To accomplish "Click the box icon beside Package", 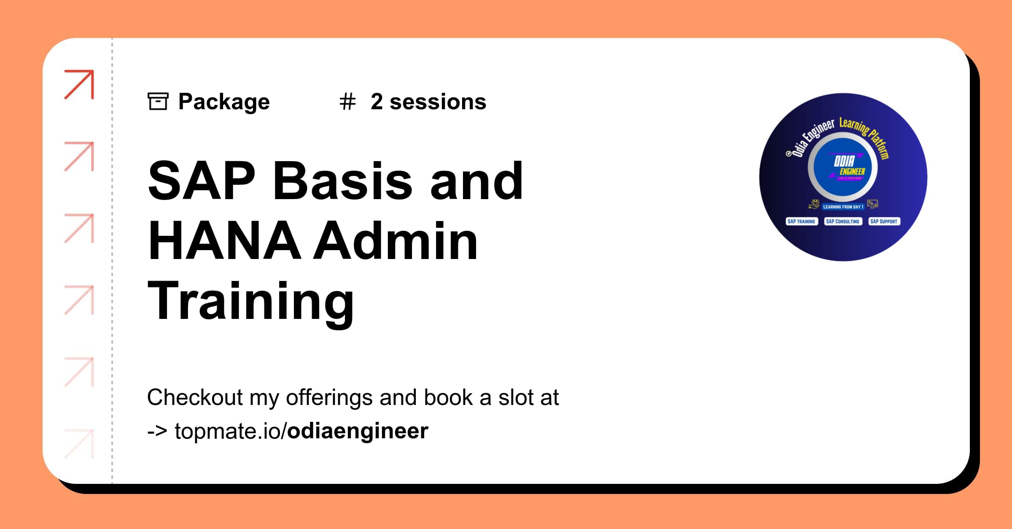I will pyautogui.click(x=158, y=101).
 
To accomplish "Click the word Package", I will pyautogui.click(x=224, y=102).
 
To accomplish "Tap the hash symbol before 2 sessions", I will pyautogui.click(x=347, y=102).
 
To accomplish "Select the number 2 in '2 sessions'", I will pyautogui.click(x=377, y=102).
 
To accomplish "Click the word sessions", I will pyautogui.click(x=438, y=102).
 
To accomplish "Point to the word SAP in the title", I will pyautogui.click(x=202, y=181).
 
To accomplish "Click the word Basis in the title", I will pyautogui.click(x=342, y=181).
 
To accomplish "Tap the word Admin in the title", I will pyautogui.click(x=396, y=241).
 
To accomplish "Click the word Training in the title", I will pyautogui.click(x=251, y=301).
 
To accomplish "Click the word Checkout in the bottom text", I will pyautogui.click(x=195, y=397).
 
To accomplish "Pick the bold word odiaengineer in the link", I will pyautogui.click(x=358, y=431).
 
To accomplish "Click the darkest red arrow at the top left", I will pyautogui.click(x=79, y=84).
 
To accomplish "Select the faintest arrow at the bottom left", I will pyautogui.click(x=79, y=443).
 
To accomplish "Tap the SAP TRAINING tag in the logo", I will pyautogui.click(x=801, y=221).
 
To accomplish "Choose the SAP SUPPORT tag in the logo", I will pyautogui.click(x=884, y=221).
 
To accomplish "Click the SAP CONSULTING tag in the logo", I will pyautogui.click(x=842, y=221).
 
